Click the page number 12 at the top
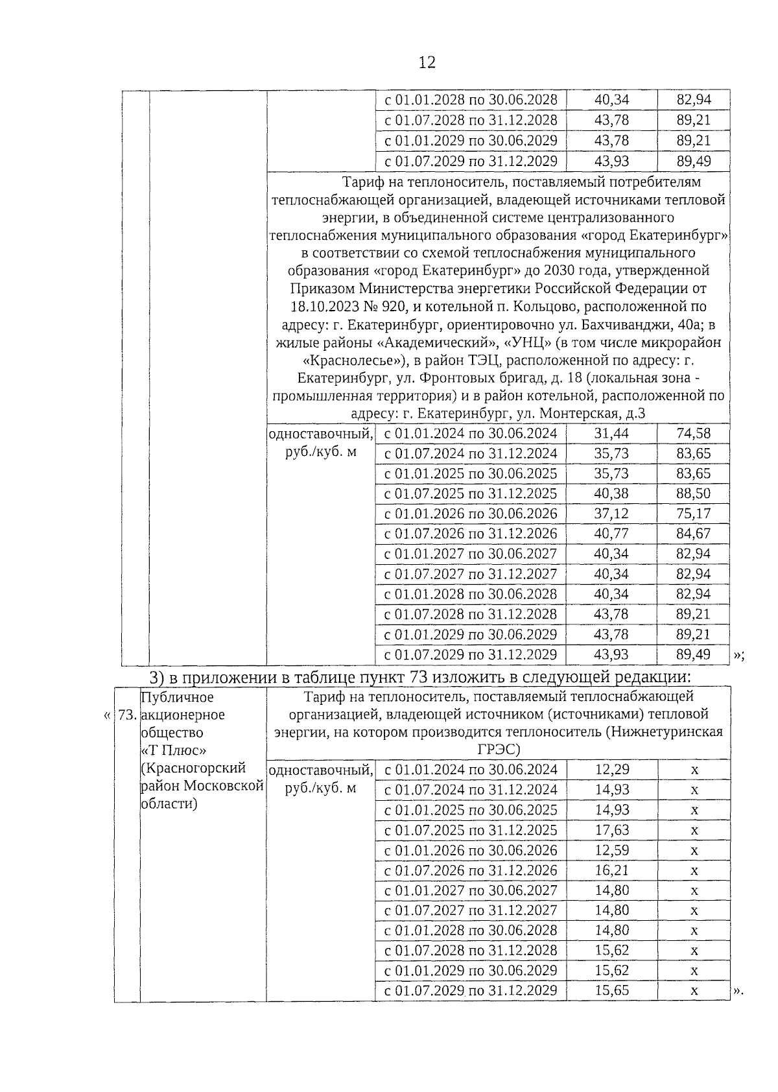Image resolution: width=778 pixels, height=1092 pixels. pos(427,62)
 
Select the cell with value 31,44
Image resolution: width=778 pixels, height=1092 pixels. pos(611,433)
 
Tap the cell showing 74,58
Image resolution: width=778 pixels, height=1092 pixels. pos(693,433)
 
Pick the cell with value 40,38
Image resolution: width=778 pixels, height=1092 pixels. pos(611,493)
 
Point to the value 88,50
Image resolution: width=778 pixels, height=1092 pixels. pos(693,493)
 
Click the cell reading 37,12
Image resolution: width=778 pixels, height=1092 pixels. pos(611,514)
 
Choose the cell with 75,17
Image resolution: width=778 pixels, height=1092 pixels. pos(693,514)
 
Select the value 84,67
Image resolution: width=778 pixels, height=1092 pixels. pos(693,534)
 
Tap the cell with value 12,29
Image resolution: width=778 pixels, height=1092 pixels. pos(611,770)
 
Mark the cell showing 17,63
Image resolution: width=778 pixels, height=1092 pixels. pos(611,830)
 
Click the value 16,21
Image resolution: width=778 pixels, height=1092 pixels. pos(611,870)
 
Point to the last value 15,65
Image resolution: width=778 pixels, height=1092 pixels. pos(611,991)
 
